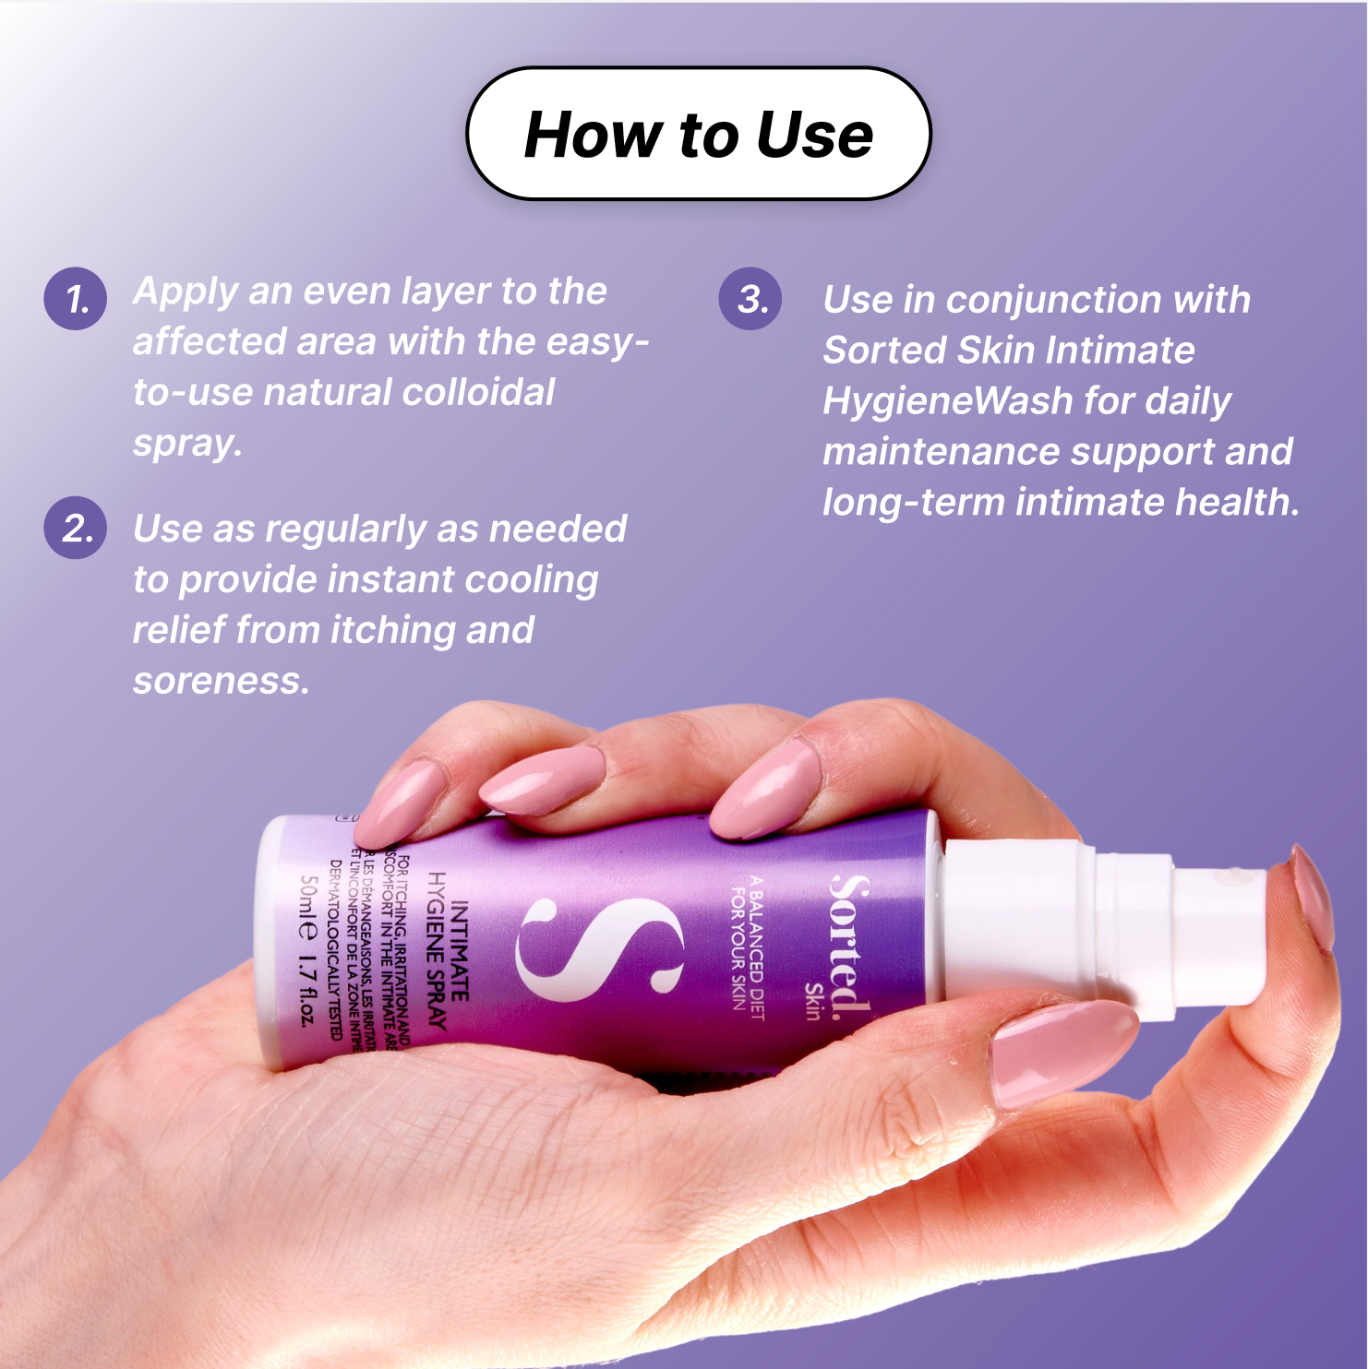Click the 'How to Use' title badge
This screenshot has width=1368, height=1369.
pyautogui.click(x=698, y=134)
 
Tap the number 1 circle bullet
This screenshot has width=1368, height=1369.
pyautogui.click(x=76, y=299)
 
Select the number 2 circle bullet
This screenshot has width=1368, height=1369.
pyautogui.click(x=76, y=528)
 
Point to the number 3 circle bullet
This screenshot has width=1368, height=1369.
pyautogui.click(x=750, y=299)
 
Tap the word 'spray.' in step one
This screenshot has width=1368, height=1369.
pyautogui.click(x=187, y=444)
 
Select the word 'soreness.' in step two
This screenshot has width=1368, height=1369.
pyautogui.click(x=221, y=681)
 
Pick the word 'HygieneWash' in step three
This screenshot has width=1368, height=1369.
pyautogui.click(x=947, y=401)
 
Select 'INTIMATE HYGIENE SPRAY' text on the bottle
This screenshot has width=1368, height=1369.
pyautogui.click(x=448, y=950)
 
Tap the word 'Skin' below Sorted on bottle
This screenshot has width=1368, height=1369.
pyautogui.click(x=813, y=1002)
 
